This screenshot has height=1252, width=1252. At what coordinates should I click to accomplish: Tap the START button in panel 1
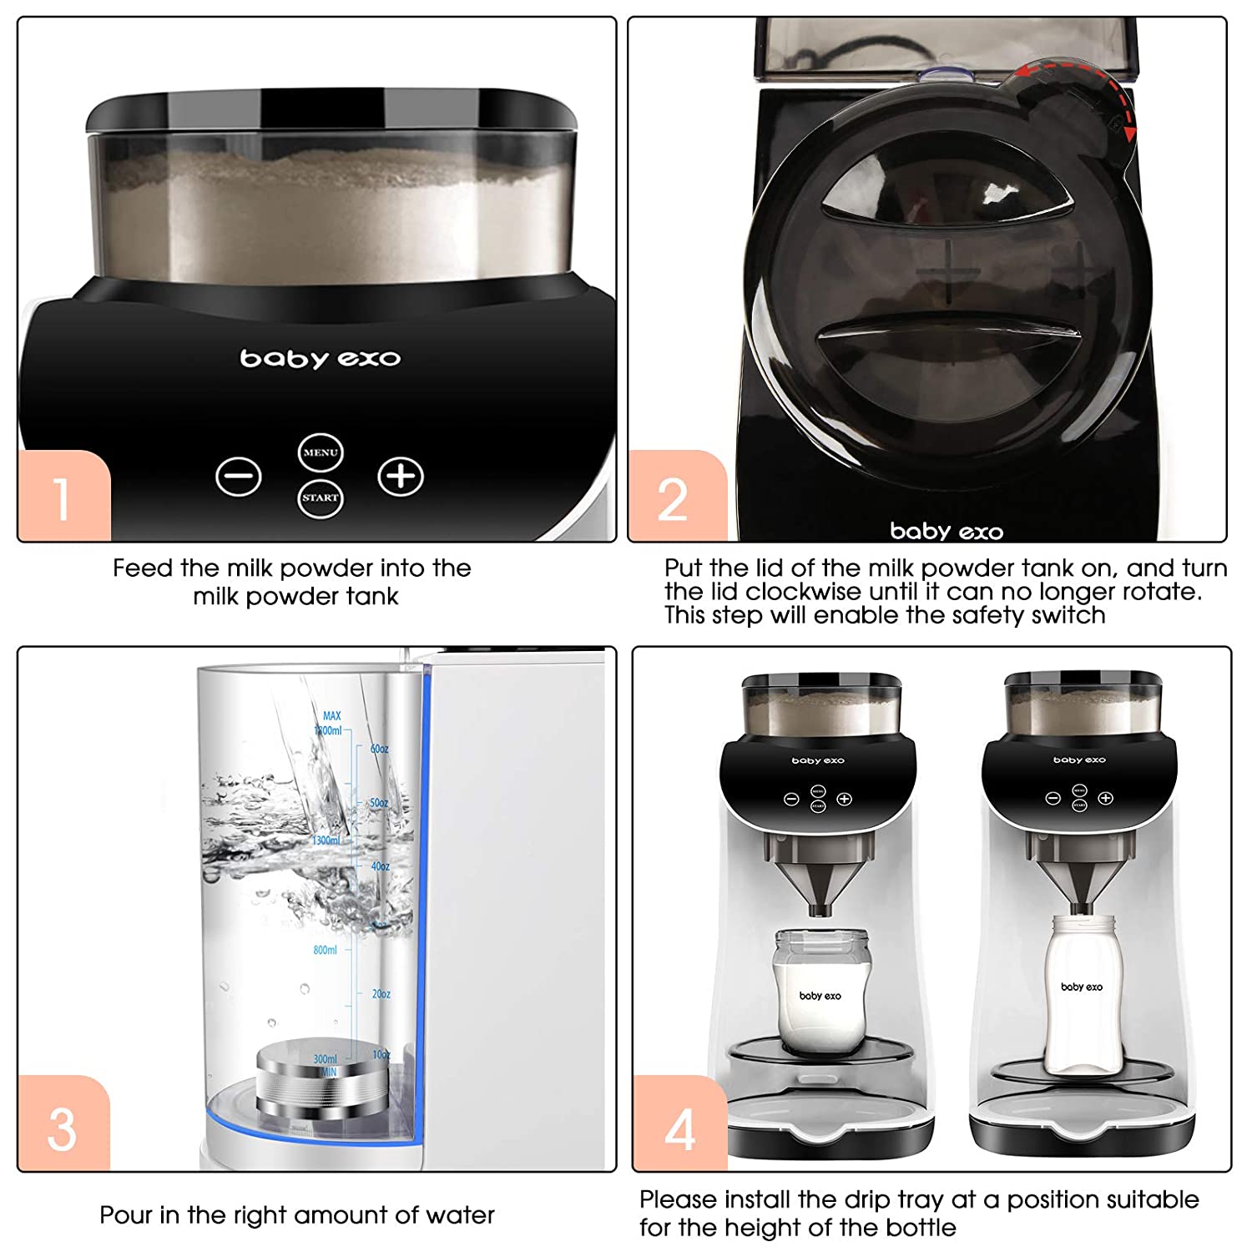pos(321,498)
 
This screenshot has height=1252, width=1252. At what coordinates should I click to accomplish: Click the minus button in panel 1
pos(239,477)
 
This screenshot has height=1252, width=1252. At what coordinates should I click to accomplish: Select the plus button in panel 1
pos(401,477)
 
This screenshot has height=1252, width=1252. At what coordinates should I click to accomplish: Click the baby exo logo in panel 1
pos(321,359)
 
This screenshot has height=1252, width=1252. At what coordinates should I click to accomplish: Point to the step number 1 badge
pos(63,497)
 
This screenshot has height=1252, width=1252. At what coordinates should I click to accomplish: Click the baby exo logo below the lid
pos(947,531)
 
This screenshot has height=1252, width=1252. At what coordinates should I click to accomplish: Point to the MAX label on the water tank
pos(331,716)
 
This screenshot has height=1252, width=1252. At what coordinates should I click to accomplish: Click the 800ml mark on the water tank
pos(325,950)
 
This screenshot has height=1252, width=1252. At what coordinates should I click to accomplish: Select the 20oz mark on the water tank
pos(381,994)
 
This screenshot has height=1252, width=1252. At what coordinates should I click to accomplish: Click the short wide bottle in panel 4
pos(820,993)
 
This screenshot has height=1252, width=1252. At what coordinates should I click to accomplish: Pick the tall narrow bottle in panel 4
pos(1082,993)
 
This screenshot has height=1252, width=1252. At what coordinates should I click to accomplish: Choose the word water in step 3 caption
pos(460,1215)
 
